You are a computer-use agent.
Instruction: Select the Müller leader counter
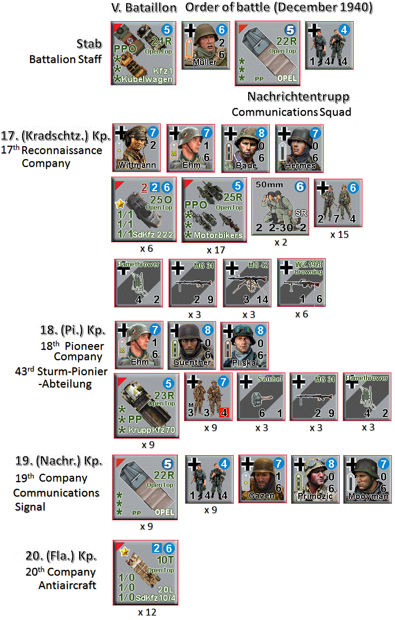205,44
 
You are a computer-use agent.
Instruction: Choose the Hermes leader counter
298,148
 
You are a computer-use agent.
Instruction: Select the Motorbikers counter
214,210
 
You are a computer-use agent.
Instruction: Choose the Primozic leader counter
314,478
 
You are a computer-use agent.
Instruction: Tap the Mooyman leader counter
367,478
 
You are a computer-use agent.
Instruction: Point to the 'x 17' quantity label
214,250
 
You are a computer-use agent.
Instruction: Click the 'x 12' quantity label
147,612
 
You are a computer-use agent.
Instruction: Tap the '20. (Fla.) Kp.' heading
61,556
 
